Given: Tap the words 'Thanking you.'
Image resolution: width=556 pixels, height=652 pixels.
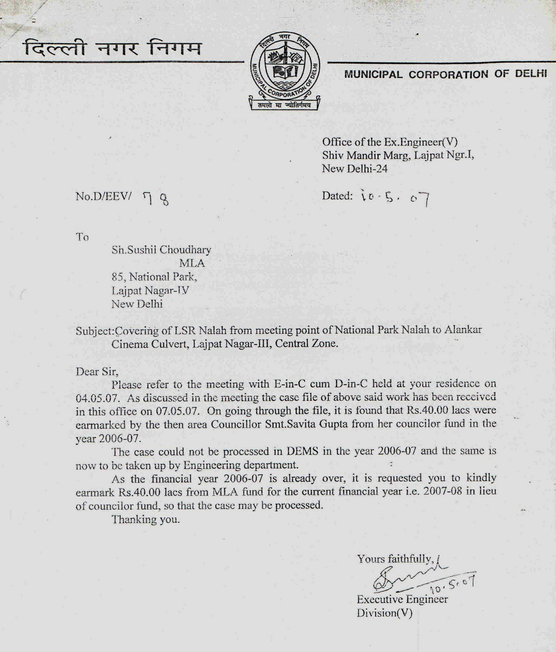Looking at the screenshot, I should (145, 519).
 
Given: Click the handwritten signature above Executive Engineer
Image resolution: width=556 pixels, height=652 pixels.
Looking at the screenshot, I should (408, 577).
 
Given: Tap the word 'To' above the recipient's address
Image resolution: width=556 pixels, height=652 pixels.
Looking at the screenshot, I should (82, 237).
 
